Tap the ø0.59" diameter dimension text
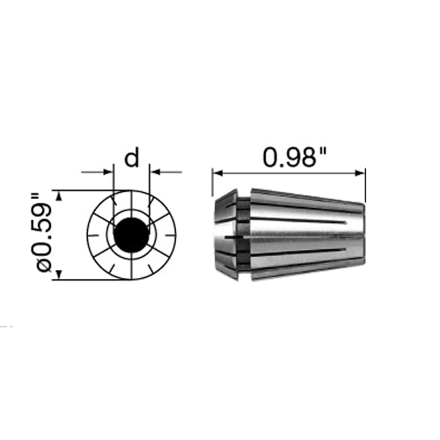click(x=41, y=234)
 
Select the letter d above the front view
click(x=131, y=159)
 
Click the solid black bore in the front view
click(x=131, y=235)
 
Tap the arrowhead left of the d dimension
click(x=109, y=172)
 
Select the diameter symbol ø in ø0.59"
click(x=41, y=267)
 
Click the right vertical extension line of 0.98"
click(x=366, y=185)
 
